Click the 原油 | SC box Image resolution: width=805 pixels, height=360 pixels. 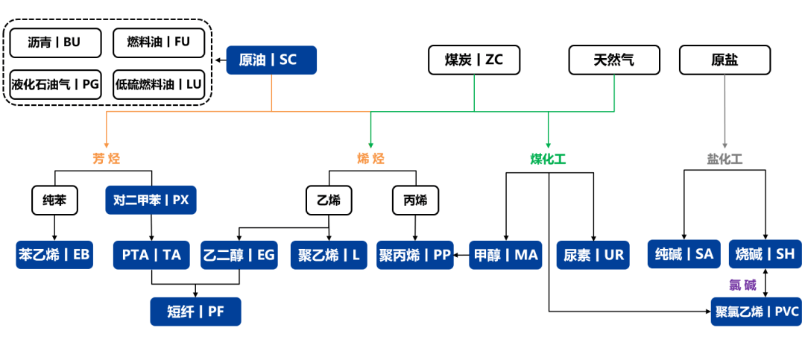coord(271,60)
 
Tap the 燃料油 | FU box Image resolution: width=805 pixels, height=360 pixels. coord(158,42)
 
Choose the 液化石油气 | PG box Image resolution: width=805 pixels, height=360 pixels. coord(56,84)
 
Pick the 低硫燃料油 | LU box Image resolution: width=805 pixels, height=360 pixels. coord(158,84)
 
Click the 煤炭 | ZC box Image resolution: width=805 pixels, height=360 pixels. coord(473,60)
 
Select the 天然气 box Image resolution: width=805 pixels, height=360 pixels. coord(614,60)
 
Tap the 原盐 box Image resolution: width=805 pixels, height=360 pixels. coord(724,60)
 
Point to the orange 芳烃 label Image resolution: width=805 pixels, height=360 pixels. coord(106,159)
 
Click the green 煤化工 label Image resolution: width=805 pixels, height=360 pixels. coord(548,159)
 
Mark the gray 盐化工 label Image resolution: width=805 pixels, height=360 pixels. coord(724,159)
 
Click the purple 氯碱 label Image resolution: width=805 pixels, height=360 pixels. coord(742,285)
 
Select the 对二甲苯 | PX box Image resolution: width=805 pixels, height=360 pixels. coord(151,200)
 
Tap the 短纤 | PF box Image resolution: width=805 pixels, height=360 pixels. coord(195,312)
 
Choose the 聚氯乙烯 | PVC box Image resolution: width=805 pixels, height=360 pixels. coord(756,312)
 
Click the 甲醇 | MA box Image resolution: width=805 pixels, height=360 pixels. coord(505,255)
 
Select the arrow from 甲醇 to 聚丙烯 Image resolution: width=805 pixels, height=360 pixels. coord(461,255)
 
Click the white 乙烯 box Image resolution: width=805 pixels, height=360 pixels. coord(329,200)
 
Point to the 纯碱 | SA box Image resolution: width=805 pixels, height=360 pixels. coord(684,255)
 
